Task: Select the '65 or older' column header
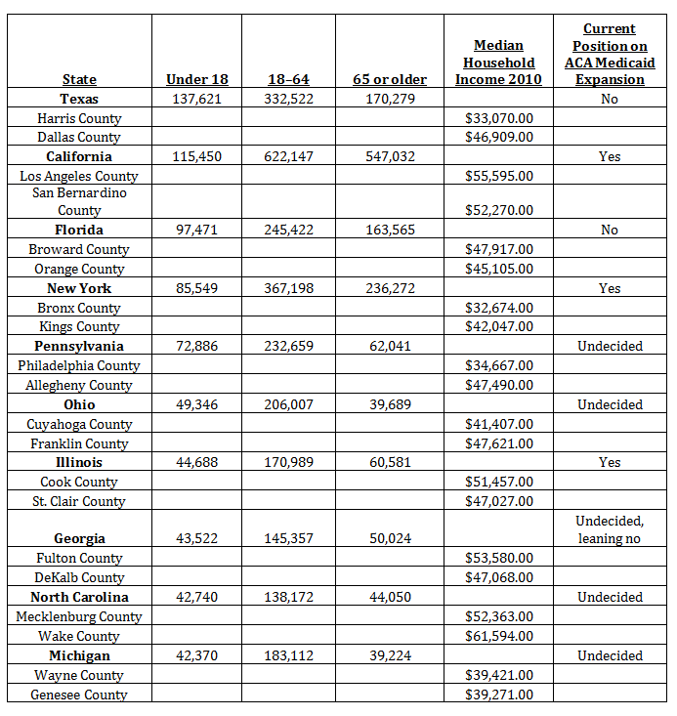pos(390,79)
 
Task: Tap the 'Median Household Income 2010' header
pos(498,62)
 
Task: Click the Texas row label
pos(79,99)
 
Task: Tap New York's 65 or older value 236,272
pos(390,288)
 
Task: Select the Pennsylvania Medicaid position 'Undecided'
pos(610,346)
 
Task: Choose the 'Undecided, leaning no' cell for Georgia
pos(610,529)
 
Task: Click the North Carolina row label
pos(79,597)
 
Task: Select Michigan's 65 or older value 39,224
pos(390,655)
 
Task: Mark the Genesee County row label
pos(79,695)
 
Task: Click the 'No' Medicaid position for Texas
pos(610,99)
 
